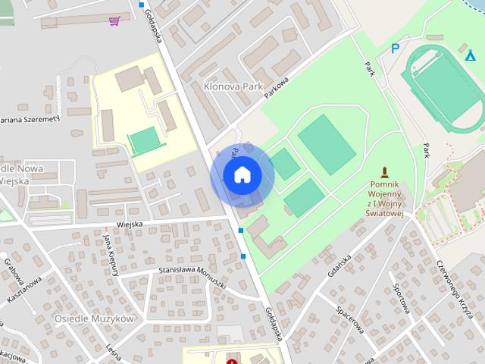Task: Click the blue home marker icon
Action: pyautogui.click(x=242, y=175)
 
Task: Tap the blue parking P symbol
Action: pyautogui.click(x=394, y=49)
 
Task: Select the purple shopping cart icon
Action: pyautogui.click(x=114, y=20)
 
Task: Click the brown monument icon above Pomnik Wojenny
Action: pyautogui.click(x=384, y=171)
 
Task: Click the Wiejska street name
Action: pyautogui.click(x=130, y=224)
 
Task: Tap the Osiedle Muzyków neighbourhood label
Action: pyautogui.click(x=94, y=318)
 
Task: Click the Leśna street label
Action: pyautogui.click(x=114, y=349)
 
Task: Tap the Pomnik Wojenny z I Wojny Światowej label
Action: pyautogui.click(x=390, y=199)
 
